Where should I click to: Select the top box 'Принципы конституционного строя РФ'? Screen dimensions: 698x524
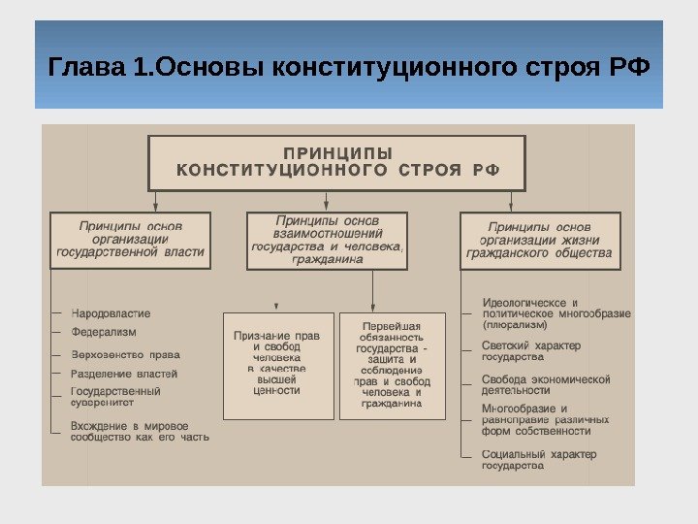pos(336,163)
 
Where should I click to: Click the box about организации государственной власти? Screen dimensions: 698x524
pos(131,240)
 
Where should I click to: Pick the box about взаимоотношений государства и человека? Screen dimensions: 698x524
pos(327,241)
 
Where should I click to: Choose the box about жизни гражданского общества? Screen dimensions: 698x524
pos(539,241)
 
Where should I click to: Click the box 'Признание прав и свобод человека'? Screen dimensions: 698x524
pos(277,364)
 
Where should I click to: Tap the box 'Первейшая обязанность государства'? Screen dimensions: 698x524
pos(392,364)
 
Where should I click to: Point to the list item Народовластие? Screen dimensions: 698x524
pos(111,313)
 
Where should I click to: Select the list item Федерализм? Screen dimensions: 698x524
pos(105,332)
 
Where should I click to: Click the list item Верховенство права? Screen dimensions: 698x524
pos(126,354)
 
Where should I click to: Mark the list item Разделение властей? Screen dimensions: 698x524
pos(124,374)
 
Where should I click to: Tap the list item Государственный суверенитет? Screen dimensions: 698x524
pos(116,397)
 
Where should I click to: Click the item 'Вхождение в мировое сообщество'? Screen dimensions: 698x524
pos(139,431)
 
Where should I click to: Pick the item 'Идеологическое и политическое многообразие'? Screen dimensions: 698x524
pos(555,309)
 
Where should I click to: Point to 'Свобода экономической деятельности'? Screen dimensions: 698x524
pos(546,384)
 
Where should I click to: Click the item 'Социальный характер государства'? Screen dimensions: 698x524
pos(539,460)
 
